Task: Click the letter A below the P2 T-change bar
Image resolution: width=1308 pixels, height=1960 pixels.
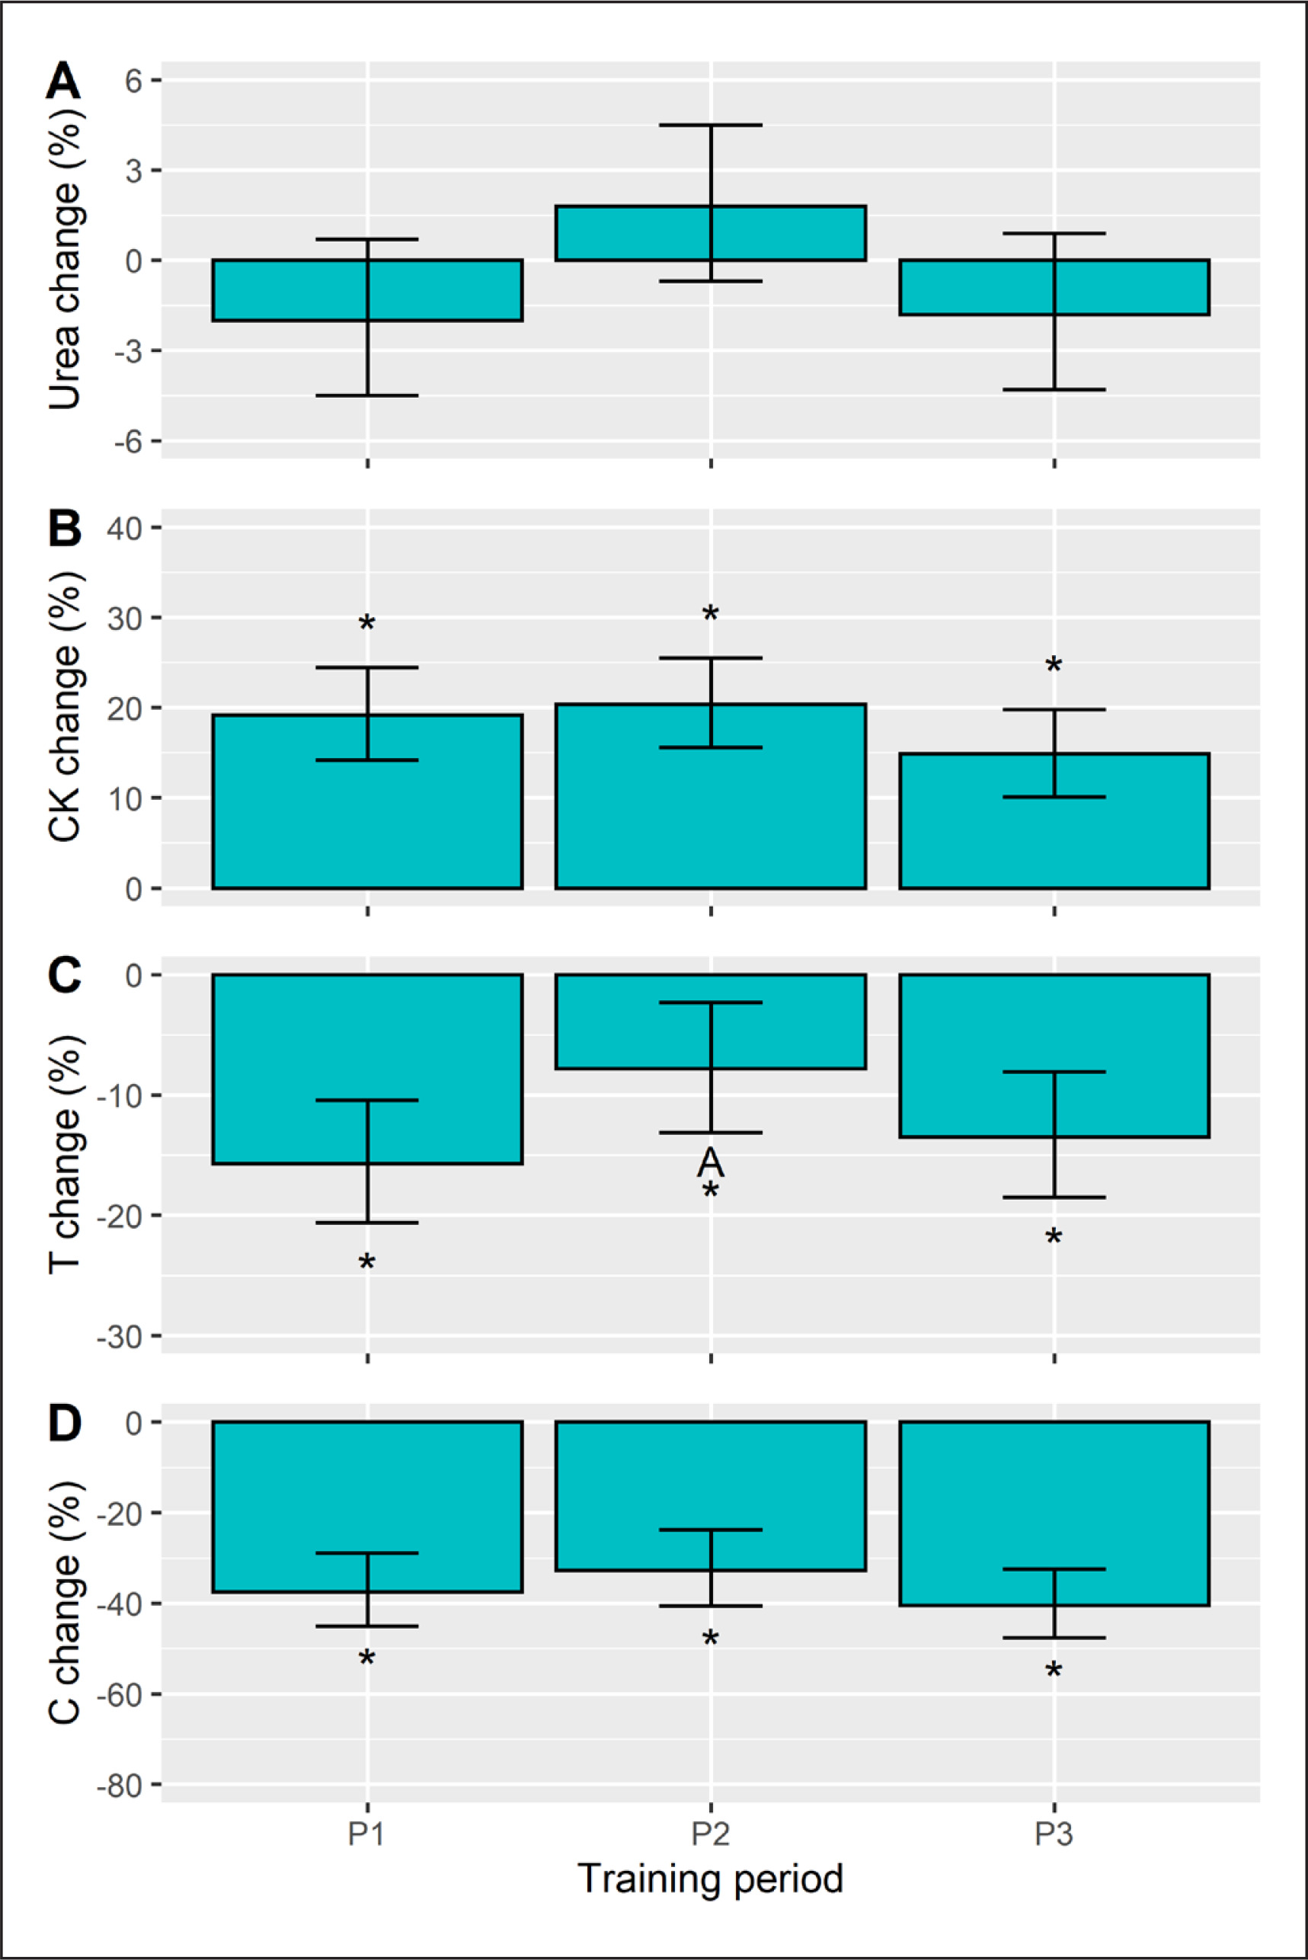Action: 710,1161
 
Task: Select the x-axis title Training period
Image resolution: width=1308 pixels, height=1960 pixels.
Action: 710,1878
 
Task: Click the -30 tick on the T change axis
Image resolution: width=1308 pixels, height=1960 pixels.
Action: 120,1336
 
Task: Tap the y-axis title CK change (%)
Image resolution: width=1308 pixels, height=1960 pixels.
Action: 65,707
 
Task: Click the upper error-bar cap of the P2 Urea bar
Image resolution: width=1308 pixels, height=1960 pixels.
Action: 711,125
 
